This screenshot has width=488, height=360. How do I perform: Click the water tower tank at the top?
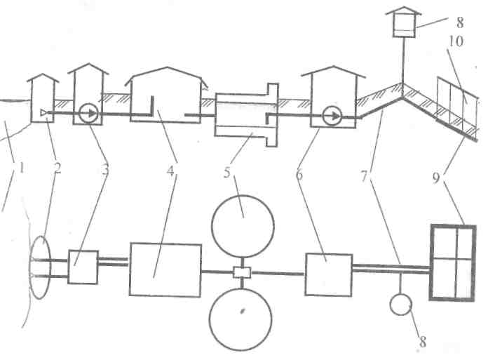(402, 25)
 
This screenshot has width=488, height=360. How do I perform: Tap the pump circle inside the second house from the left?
(88, 112)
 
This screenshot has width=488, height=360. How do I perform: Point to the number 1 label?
(22, 169)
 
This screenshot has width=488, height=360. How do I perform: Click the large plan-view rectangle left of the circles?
(165, 269)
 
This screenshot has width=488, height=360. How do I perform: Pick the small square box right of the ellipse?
(83, 267)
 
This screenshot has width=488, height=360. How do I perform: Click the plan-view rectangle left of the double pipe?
(328, 274)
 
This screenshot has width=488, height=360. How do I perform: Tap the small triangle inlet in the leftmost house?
(44, 112)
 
